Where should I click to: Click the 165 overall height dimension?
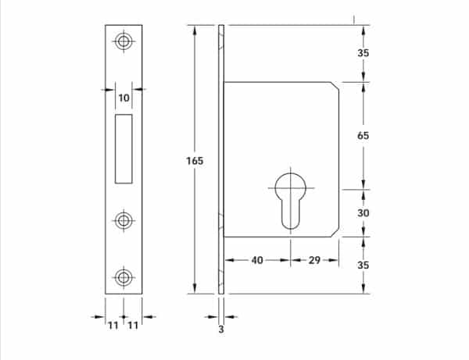[x=195, y=161]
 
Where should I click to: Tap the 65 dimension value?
[x=363, y=136]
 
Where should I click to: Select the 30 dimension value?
[x=363, y=213]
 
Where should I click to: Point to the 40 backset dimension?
[x=257, y=260]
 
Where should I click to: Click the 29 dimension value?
[x=314, y=260]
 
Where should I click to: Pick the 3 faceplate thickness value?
[x=221, y=330]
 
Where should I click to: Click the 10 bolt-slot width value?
[x=124, y=98]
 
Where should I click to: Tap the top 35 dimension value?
[x=363, y=53]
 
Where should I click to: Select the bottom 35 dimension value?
[x=363, y=265]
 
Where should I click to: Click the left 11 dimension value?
[x=113, y=326]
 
